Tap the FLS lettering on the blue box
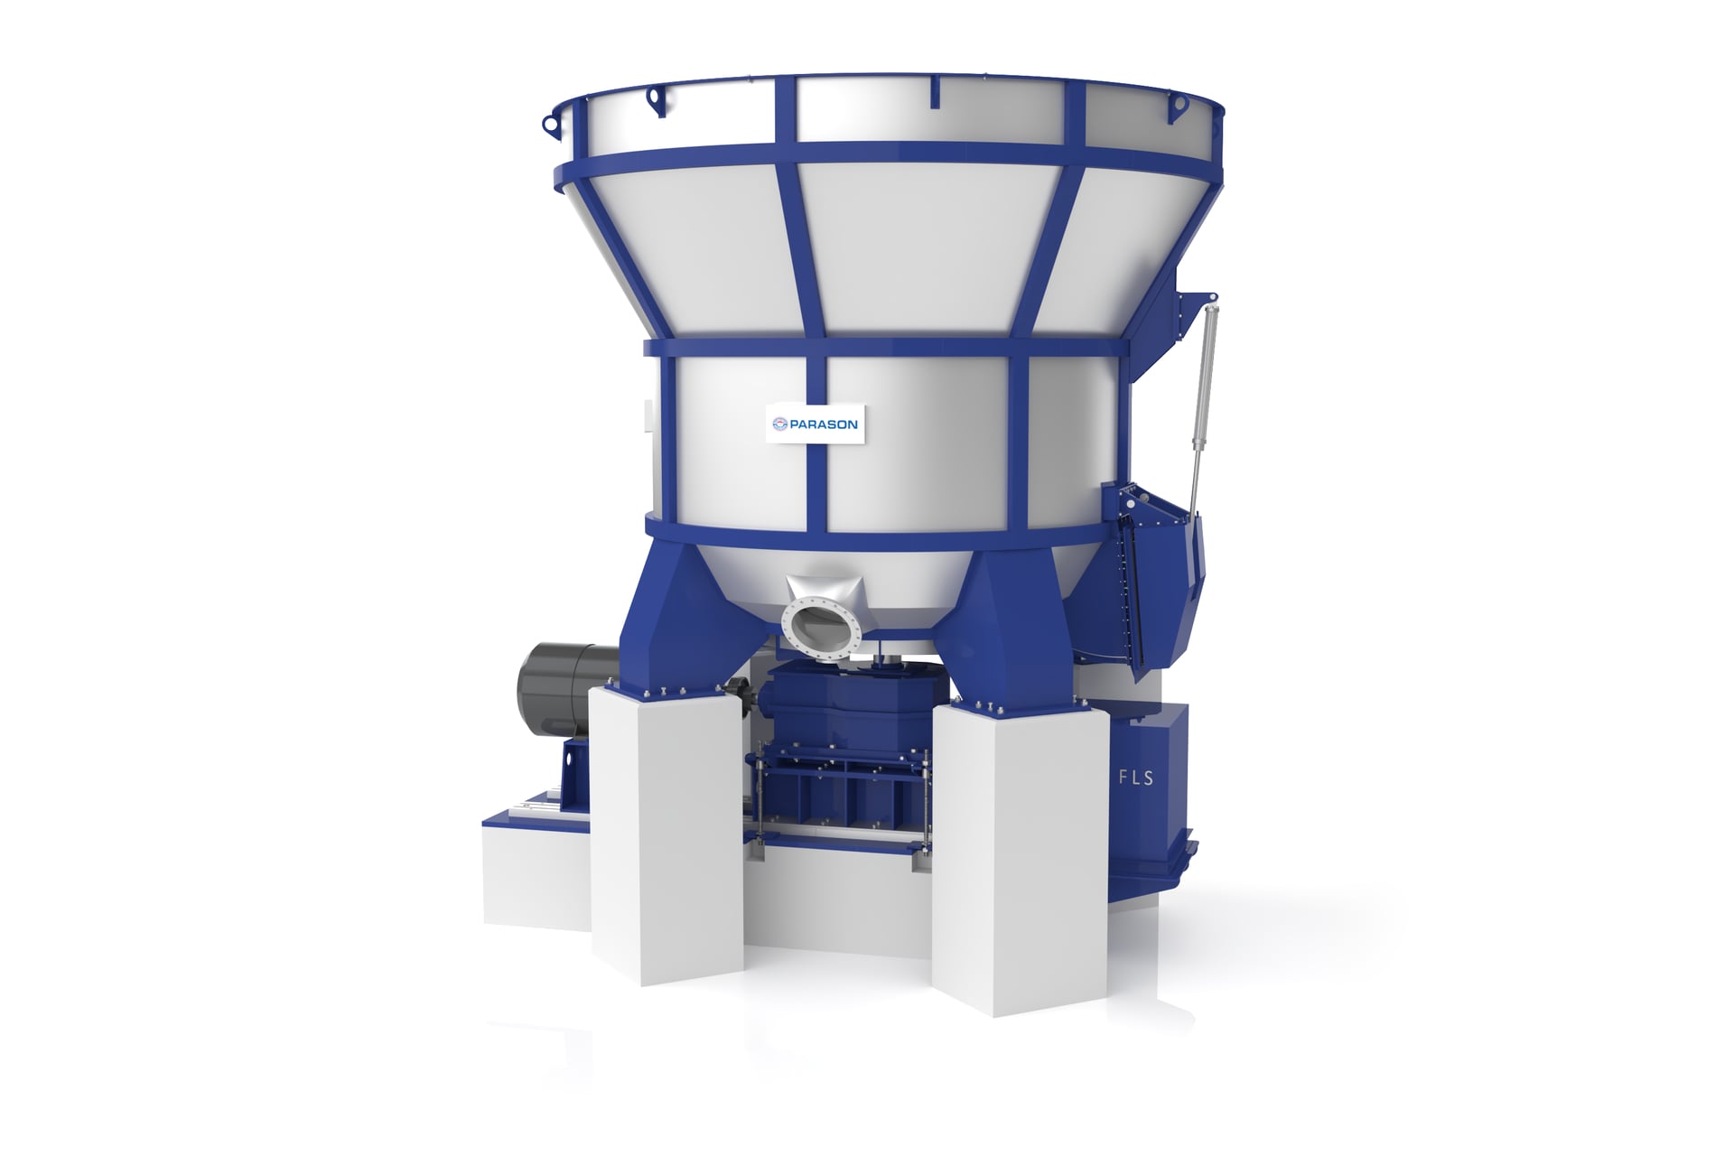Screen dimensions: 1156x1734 1135,777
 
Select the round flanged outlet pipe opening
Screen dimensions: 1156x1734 820,628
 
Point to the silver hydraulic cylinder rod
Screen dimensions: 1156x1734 1203,397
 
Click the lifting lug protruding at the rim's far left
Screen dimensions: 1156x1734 549,124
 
